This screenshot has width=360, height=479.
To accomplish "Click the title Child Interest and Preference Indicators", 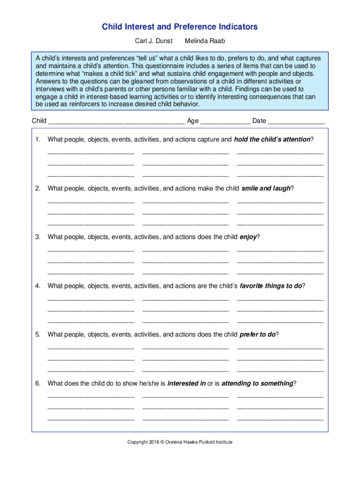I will (180, 27).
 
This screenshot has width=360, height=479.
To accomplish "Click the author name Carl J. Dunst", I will (154, 41).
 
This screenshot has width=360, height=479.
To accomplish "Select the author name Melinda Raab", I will (205, 41).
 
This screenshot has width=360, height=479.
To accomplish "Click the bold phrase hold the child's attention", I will (272, 139).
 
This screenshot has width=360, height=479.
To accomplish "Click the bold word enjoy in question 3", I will (248, 237).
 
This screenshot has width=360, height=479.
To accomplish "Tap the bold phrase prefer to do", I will (257, 334).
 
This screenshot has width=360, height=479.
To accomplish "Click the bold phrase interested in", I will (187, 384).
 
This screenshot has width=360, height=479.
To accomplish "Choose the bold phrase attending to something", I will (257, 384).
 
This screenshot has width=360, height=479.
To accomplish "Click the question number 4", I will (37, 286).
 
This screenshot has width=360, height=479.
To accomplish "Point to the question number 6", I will (37, 384).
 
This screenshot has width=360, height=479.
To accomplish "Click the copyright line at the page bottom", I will (180, 442).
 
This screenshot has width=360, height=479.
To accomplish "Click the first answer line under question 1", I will (91, 152).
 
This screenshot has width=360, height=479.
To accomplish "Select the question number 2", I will (37, 188).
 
